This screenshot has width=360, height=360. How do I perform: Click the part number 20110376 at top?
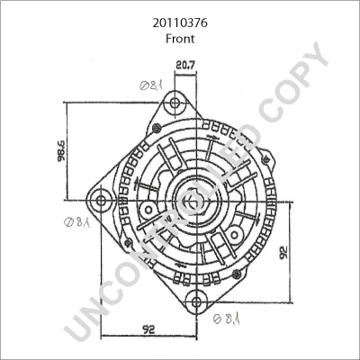click(180, 22)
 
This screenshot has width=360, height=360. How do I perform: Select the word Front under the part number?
click(180, 39)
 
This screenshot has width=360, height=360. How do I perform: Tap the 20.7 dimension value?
click(185, 65)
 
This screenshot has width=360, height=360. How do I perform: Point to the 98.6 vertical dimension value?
click(61, 150)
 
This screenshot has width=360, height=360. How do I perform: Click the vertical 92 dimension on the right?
click(283, 252)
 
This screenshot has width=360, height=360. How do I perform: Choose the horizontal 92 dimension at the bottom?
click(148, 329)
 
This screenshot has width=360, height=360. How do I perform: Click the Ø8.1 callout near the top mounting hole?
click(151, 86)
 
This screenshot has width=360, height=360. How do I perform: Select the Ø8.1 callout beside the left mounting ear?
click(76, 222)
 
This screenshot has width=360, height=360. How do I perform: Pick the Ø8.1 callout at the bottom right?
click(227, 319)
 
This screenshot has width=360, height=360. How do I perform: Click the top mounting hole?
click(175, 103)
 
